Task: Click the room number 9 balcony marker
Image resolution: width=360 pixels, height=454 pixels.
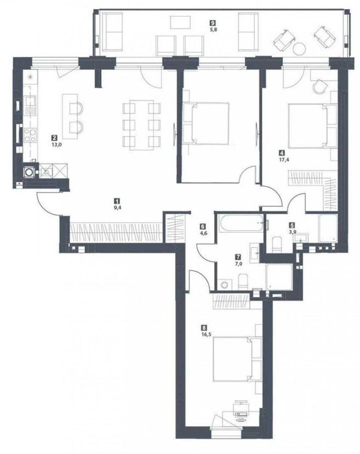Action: coord(213,23)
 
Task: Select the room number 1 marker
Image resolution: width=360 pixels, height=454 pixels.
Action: coord(117,200)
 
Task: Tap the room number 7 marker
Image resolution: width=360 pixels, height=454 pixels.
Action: coord(238,257)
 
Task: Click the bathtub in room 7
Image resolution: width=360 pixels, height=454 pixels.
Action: coord(241,223)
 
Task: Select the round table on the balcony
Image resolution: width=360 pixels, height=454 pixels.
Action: coord(299,49)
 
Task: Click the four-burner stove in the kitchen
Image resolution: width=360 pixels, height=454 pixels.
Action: coord(30,136)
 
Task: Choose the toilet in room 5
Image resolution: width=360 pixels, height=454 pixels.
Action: coord(277,244)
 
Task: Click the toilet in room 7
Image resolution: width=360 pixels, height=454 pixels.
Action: coord(243,281)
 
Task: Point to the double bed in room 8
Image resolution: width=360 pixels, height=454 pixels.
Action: coord(232,359)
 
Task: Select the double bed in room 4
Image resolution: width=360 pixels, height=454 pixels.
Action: coord(308,126)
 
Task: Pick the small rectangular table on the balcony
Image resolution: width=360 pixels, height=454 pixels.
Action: coord(180,22)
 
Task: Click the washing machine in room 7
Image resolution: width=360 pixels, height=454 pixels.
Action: coord(224,284)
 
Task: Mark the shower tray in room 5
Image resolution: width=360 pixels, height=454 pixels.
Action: coord(328,228)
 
